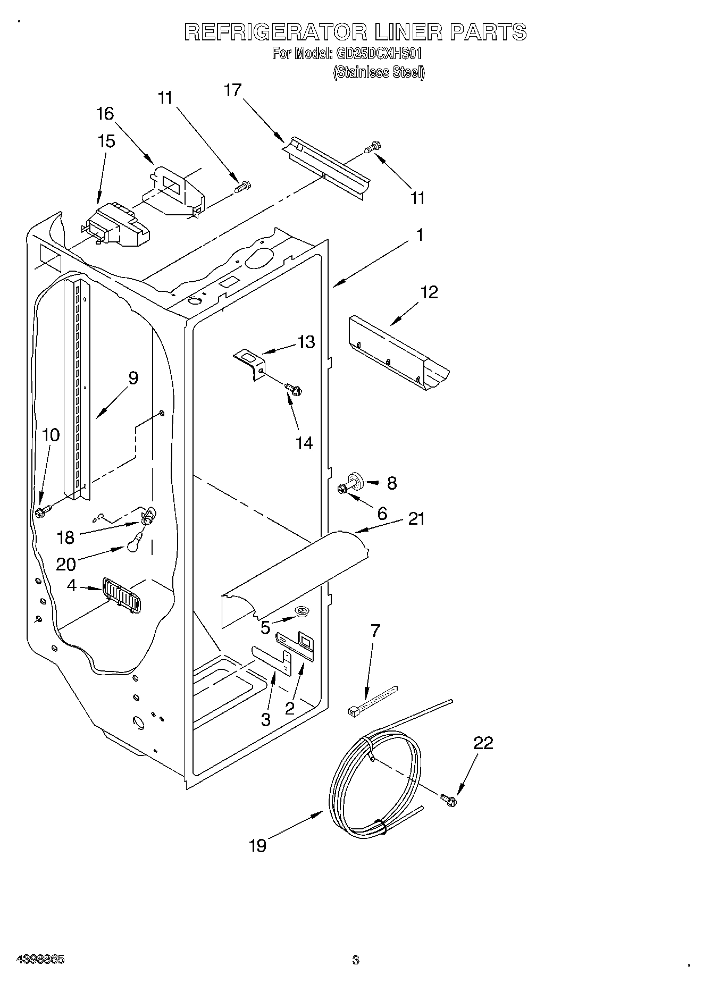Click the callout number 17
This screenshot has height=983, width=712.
(232, 90)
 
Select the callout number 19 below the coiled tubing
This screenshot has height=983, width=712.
(258, 845)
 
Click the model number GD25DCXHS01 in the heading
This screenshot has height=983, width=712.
(379, 54)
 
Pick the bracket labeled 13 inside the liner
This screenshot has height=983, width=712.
(250, 363)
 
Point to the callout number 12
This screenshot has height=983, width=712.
(429, 292)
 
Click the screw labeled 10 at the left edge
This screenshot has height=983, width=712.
(42, 512)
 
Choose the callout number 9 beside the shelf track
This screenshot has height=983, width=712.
(133, 379)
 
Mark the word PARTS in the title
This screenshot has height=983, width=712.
(488, 32)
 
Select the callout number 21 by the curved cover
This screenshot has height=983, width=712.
(416, 518)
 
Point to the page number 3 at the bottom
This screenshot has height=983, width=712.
(355, 960)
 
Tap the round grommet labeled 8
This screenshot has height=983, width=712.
(356, 480)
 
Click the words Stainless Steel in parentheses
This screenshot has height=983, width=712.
(379, 73)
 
